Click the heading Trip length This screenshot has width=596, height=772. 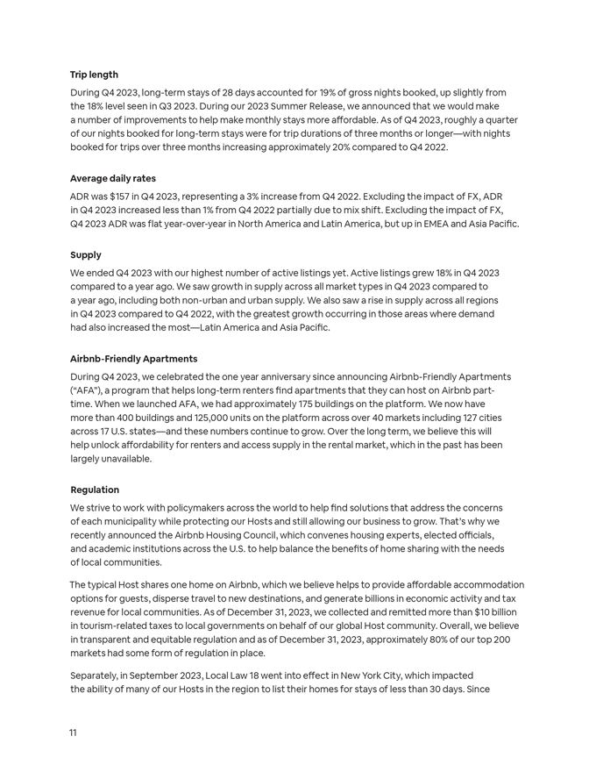(x=94, y=75)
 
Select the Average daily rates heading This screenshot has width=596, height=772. (x=113, y=178)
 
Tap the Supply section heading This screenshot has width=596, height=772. (x=86, y=255)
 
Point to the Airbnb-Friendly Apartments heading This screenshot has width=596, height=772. (x=133, y=359)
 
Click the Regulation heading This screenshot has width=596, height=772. (x=95, y=490)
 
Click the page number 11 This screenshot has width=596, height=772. (x=74, y=733)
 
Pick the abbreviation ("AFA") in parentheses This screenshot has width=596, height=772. (x=89, y=390)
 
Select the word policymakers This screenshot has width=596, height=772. (x=174, y=508)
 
